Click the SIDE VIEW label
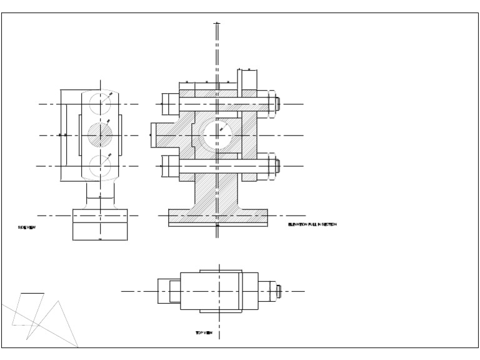[27, 227]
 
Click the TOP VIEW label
[204, 333]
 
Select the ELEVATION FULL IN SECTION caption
[312, 224]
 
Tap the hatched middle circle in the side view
[99, 134]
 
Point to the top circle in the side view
[99, 102]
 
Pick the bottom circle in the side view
[99, 166]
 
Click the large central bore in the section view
[217, 134]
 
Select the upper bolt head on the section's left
[170, 104]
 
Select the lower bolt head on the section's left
[170, 166]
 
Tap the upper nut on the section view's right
[272, 104]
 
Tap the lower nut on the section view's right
[272, 166]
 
